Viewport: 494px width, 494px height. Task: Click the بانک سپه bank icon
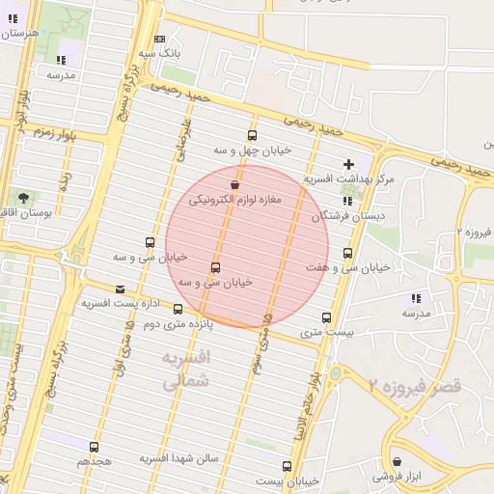159,39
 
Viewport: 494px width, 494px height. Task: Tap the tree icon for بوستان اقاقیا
23,198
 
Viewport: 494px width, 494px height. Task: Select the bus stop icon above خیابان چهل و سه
252,135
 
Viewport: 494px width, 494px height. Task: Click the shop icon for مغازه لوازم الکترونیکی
234,184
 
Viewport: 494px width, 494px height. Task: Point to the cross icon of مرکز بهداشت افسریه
348,164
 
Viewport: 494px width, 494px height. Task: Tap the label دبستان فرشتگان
347,217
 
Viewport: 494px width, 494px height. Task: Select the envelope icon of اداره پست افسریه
120,288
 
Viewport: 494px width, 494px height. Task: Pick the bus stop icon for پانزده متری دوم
178,310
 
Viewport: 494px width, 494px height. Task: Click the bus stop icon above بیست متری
326,317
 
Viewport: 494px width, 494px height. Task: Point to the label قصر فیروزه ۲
415,386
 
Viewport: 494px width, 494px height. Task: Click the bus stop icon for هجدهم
94,447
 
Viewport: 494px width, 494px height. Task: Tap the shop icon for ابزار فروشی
397,462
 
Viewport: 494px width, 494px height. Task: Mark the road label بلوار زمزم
54,130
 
